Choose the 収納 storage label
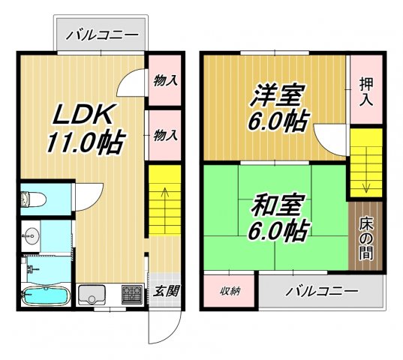tap(230, 291)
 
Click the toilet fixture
tap(32, 199)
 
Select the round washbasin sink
tap(31, 236)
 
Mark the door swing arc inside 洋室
tap(329, 139)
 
